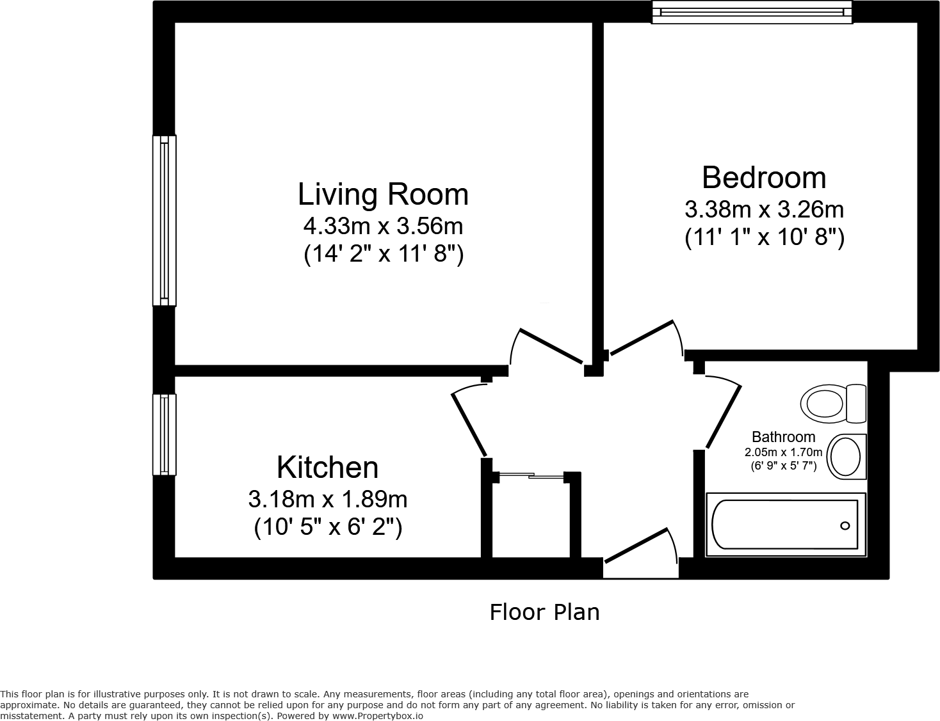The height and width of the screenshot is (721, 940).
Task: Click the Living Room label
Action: (383, 194)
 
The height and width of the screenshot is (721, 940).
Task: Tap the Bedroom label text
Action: (763, 178)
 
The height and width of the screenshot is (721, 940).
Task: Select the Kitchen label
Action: (327, 468)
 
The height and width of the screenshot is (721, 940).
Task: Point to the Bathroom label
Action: (783, 437)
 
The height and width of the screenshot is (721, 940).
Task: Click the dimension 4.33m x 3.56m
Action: (383, 226)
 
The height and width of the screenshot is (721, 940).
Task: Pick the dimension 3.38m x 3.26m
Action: (764, 209)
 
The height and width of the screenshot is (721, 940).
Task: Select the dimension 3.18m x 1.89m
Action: (327, 498)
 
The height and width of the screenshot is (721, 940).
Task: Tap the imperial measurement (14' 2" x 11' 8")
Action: (383, 254)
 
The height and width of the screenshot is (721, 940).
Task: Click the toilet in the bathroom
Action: (832, 403)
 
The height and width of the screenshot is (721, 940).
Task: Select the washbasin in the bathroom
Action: (847, 456)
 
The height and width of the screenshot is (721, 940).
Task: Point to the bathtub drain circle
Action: (845, 526)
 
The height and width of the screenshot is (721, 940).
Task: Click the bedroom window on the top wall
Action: (752, 12)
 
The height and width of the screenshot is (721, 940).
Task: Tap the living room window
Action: (164, 221)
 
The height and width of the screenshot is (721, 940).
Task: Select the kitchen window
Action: (164, 434)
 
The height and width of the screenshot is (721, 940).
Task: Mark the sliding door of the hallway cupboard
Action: (531, 475)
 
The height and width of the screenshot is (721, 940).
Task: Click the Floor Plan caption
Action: (544, 612)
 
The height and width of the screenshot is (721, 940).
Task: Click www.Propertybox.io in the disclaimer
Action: (377, 716)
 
